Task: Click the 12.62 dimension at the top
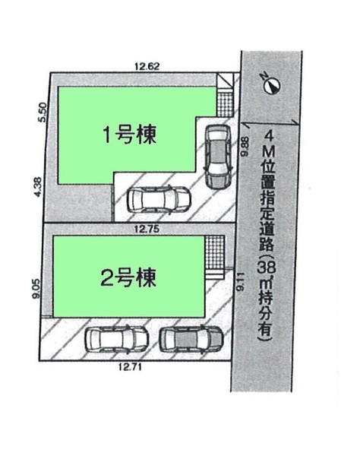point(147,66)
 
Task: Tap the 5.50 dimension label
point(42,112)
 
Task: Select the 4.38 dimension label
point(38,187)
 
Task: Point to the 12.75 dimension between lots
point(147,230)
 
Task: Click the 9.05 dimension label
point(36,289)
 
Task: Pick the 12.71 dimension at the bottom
point(130,367)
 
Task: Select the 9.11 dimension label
point(240,282)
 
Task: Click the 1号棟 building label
point(130,135)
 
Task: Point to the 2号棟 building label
point(128,277)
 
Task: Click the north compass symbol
point(271,84)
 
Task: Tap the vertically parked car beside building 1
point(218,157)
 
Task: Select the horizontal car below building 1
point(159,199)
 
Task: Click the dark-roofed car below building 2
point(191,340)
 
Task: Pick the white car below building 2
point(117,340)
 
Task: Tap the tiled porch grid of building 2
point(215,252)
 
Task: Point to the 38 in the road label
point(267,268)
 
